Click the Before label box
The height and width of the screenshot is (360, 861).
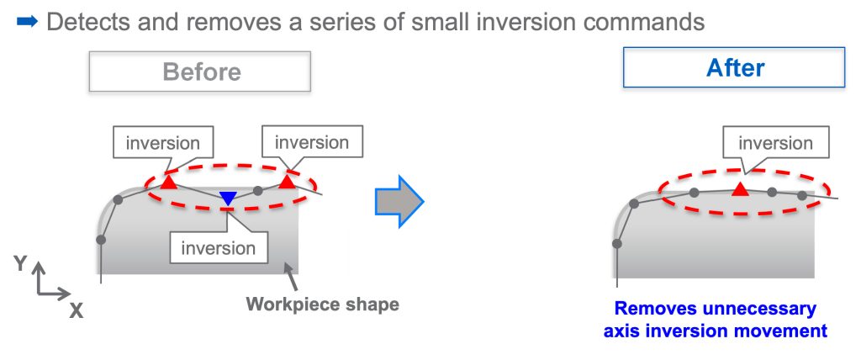(200, 71)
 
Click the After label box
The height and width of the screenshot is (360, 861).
(734, 67)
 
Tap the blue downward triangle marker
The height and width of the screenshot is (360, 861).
(228, 199)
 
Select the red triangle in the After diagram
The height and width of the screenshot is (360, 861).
(740, 189)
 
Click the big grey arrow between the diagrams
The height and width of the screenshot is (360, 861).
(399, 202)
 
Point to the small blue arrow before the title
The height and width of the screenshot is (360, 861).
(28, 22)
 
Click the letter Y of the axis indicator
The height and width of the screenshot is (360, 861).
(20, 264)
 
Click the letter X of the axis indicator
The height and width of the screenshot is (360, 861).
(77, 311)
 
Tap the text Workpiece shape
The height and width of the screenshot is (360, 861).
(322, 304)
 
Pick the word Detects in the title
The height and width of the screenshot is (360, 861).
(87, 22)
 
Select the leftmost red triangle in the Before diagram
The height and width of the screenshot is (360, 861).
(169, 182)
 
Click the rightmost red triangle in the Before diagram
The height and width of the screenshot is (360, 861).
(287, 181)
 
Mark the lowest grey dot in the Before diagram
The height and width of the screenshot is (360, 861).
(101, 240)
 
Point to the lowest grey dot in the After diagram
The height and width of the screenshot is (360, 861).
(617, 243)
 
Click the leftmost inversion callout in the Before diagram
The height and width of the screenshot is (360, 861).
(162, 144)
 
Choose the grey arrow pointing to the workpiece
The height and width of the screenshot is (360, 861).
(292, 277)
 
